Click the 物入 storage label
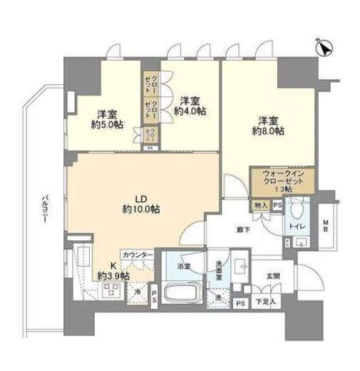260,205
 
